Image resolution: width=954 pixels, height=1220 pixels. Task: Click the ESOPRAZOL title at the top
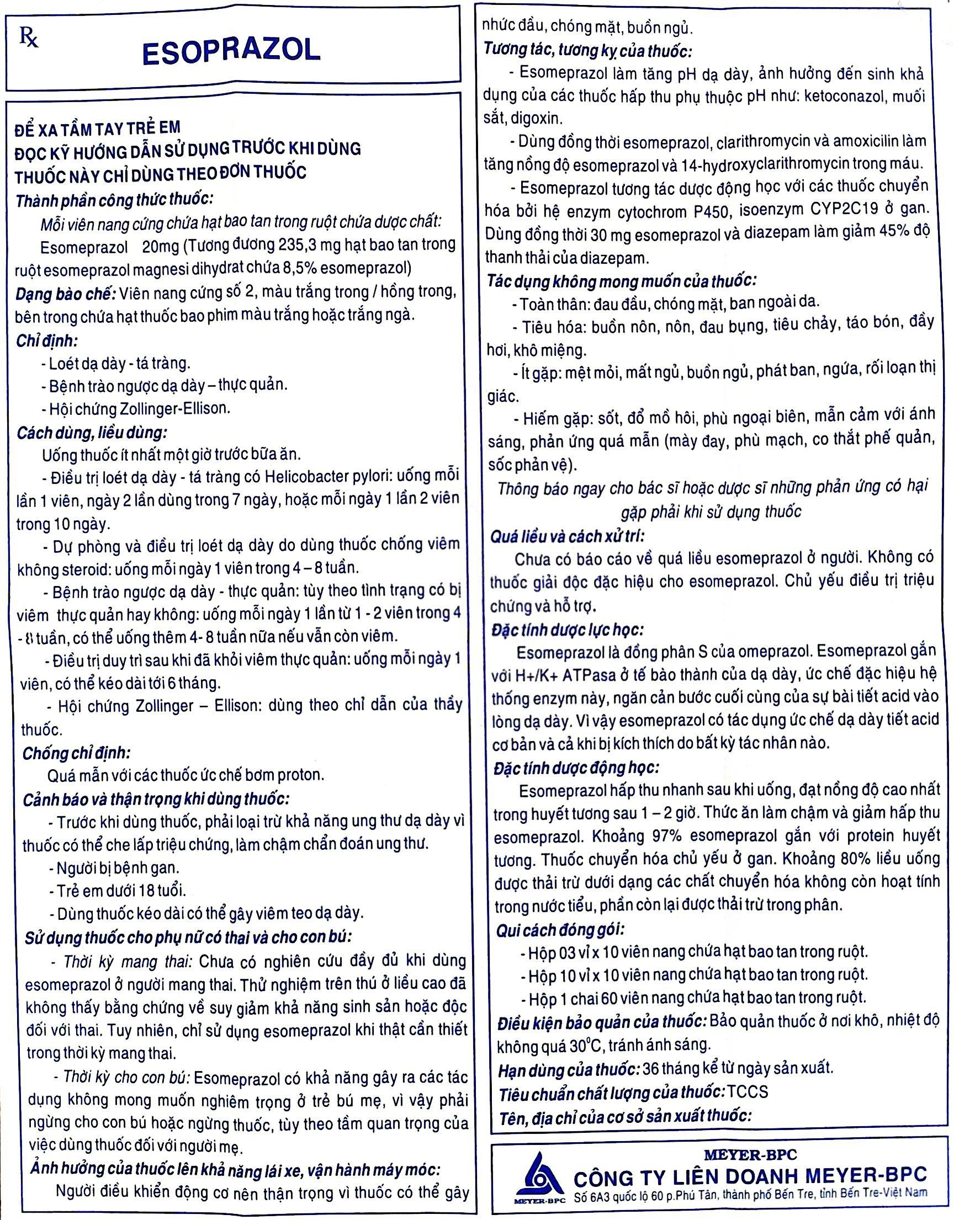point(231,52)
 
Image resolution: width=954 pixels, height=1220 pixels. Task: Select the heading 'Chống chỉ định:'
point(76,754)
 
